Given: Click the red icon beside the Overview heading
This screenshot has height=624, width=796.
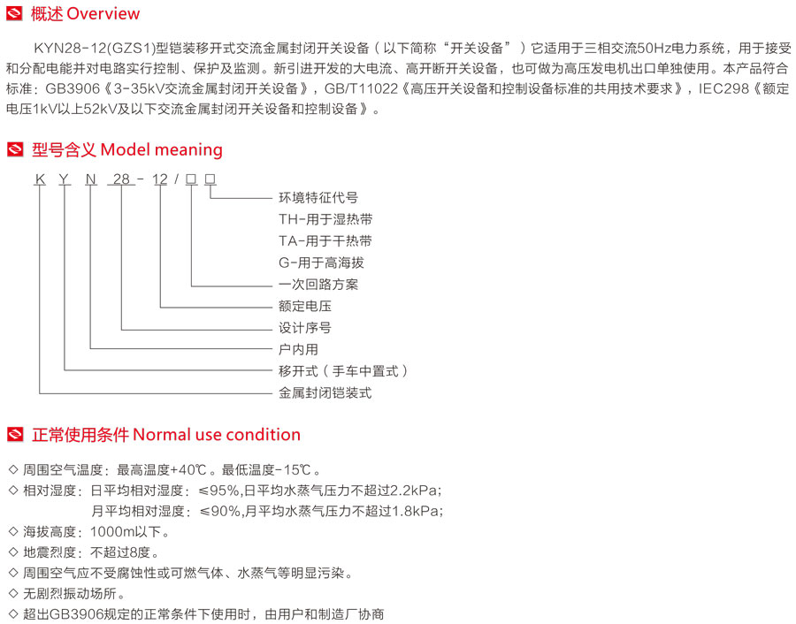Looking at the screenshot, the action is pos(14,13).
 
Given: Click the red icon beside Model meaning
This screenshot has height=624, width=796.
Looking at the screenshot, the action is pos(15,149).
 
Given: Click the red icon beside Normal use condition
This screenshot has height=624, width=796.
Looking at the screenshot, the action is pos(15,435).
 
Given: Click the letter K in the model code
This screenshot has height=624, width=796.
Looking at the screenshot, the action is pos(40,179).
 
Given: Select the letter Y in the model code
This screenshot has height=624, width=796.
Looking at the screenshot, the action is pos(64,179).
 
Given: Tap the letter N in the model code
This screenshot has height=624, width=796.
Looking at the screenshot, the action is pos(91,179).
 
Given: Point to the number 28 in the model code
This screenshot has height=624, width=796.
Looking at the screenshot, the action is pos(121,179).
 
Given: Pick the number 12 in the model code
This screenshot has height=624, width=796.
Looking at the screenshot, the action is pos(160,179).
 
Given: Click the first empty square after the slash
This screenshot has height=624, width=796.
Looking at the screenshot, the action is pos(191,179).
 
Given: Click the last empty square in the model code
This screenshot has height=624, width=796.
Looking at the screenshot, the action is pos(210,179).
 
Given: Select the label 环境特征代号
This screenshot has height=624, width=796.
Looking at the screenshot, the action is pos(318,198).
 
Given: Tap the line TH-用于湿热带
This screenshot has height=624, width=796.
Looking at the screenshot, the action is pos(325,219).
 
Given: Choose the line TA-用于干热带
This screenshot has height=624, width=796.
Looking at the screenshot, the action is pos(325,241).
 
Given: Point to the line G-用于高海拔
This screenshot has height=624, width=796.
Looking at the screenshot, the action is pos(321,263).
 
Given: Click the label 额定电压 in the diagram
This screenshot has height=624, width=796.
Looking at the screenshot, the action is pos(305,306).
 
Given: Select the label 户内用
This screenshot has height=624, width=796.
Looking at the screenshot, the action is pos(299,349).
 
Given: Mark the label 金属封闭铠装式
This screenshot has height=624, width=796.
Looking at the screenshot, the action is pos(325,392).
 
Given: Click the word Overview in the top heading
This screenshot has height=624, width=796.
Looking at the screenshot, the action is pos(103,13).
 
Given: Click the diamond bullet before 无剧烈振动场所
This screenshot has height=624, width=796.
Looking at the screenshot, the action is pos(13,593).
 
